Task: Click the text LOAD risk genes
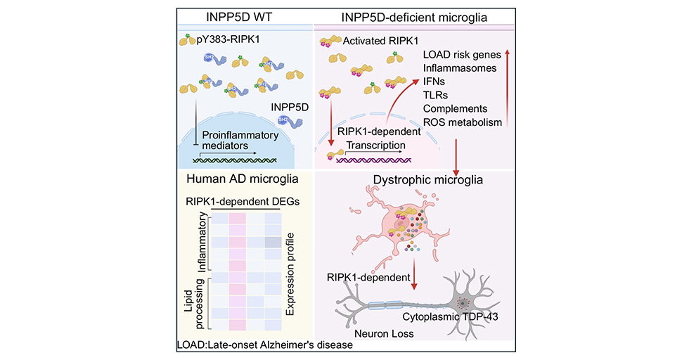[x=461, y=54]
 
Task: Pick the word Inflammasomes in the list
[x=459, y=68]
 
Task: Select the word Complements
[x=455, y=109]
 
